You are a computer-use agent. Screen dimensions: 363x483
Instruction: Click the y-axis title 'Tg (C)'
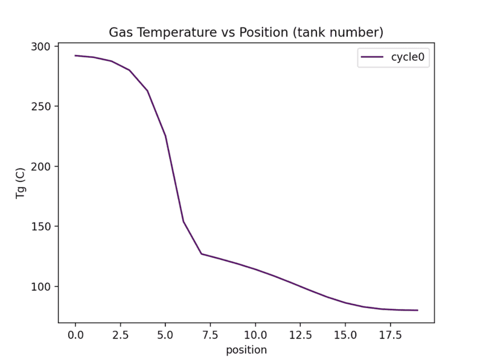point(20,183)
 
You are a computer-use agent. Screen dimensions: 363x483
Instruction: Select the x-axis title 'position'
point(246,350)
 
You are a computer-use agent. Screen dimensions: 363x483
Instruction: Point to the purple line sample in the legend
point(372,58)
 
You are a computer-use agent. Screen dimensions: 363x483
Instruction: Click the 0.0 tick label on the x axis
point(75,333)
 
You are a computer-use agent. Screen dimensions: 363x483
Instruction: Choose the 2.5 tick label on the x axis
point(120,333)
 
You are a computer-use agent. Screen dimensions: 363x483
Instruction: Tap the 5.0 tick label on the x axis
point(165,333)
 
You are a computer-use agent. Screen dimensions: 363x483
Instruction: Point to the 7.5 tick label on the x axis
point(210,333)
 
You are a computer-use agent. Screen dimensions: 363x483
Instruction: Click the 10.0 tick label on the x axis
point(255,333)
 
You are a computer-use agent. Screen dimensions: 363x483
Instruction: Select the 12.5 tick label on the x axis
point(300,333)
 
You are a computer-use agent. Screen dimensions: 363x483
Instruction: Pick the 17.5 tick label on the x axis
point(390,333)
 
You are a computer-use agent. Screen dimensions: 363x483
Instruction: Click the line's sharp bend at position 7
point(202,254)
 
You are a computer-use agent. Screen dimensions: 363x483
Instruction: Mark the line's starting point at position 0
point(75,55)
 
